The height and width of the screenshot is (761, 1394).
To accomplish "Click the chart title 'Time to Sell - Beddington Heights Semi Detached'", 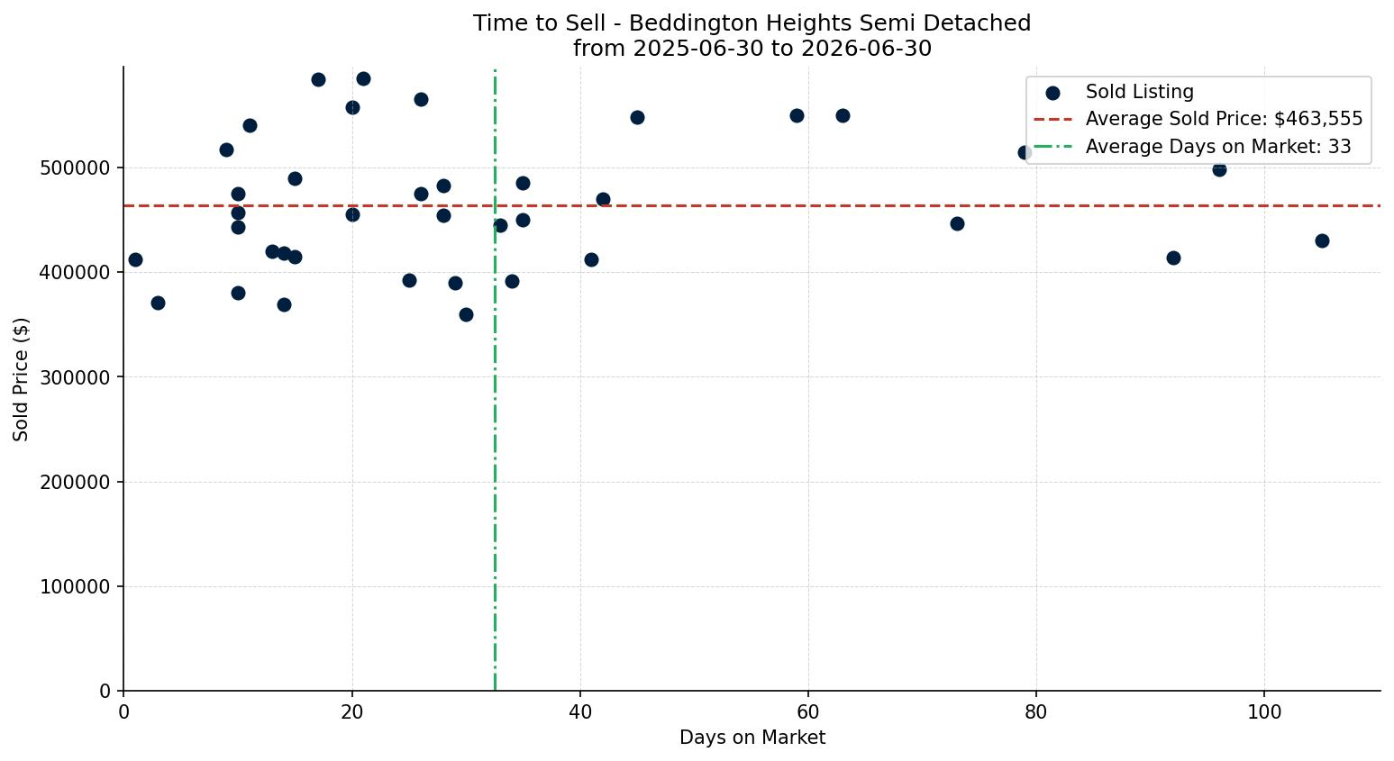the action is pyautogui.click(x=752, y=23).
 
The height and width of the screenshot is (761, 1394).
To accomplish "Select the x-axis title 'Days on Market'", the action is pyautogui.click(x=752, y=738).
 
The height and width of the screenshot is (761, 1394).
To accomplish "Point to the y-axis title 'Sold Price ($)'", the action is pyautogui.click(x=21, y=379).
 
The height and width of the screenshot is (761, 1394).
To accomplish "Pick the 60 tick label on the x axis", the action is pyautogui.click(x=808, y=712).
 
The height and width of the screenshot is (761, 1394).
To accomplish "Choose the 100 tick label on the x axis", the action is pyautogui.click(x=1264, y=712).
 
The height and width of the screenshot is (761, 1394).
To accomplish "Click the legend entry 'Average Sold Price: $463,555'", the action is pyautogui.click(x=1224, y=119).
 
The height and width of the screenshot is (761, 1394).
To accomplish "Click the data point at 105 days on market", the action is pyautogui.click(x=1322, y=240).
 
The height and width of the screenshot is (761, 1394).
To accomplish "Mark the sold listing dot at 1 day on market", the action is pyautogui.click(x=135, y=260).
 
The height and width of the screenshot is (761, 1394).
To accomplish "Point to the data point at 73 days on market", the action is pyautogui.click(x=957, y=224).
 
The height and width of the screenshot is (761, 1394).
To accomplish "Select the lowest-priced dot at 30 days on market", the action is pyautogui.click(x=466, y=314).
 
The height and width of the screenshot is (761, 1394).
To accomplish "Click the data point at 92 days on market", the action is pyautogui.click(x=1174, y=258).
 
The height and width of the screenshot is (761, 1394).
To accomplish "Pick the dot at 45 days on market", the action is pyautogui.click(x=637, y=117).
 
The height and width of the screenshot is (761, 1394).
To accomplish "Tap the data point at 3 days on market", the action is pyautogui.click(x=158, y=303).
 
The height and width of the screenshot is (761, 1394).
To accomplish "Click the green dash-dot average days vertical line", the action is pyautogui.click(x=495, y=379).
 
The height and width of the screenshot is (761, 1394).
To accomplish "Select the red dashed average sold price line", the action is pyautogui.click(x=752, y=205).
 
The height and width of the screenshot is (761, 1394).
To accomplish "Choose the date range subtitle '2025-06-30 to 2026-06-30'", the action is pyautogui.click(x=782, y=49).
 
